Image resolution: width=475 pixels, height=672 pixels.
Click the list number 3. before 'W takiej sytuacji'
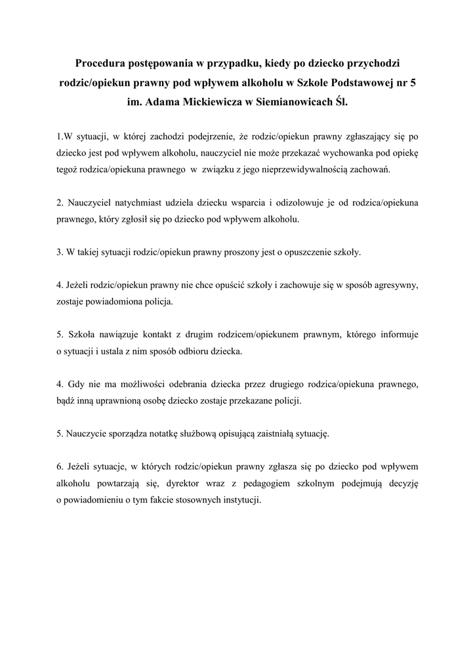59,252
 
